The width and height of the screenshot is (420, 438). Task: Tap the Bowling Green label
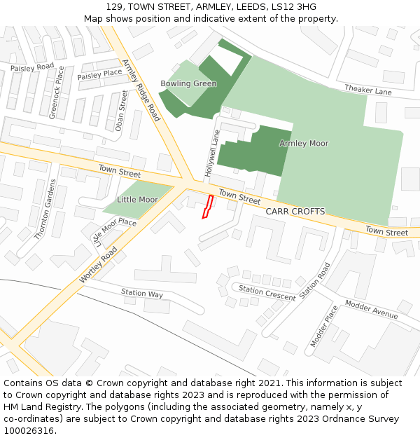coord(188,84)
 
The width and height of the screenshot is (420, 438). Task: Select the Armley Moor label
coord(304,144)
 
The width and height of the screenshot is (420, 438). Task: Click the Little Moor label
coord(137,200)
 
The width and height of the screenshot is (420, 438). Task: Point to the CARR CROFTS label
coord(295,211)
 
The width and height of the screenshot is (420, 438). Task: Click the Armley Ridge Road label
coord(141,90)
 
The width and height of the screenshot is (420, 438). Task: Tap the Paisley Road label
coord(32,67)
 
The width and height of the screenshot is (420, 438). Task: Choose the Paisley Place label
coord(99,74)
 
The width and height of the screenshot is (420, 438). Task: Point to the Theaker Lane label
coord(368,90)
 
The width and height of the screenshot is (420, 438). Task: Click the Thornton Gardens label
coord(45,210)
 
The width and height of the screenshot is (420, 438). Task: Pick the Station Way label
coord(142,294)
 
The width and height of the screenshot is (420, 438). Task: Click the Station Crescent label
coord(267,293)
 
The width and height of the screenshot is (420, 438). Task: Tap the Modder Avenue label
coord(371,310)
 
